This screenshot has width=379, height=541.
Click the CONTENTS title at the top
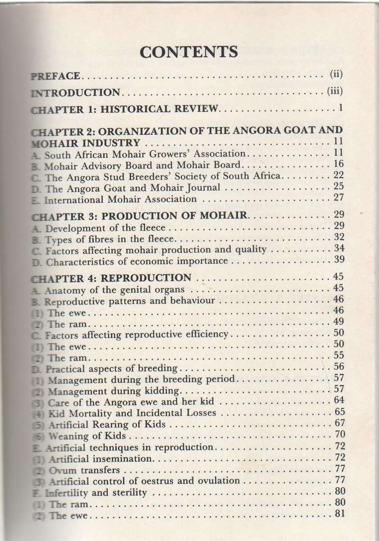pyautogui.click(x=188, y=52)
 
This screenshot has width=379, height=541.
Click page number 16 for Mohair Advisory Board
pyautogui.click(x=338, y=165)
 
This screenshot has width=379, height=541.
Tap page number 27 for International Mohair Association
pyautogui.click(x=338, y=198)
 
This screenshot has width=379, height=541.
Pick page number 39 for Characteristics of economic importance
pyautogui.click(x=339, y=260)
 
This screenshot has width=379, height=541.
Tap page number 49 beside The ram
pyautogui.click(x=338, y=322)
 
